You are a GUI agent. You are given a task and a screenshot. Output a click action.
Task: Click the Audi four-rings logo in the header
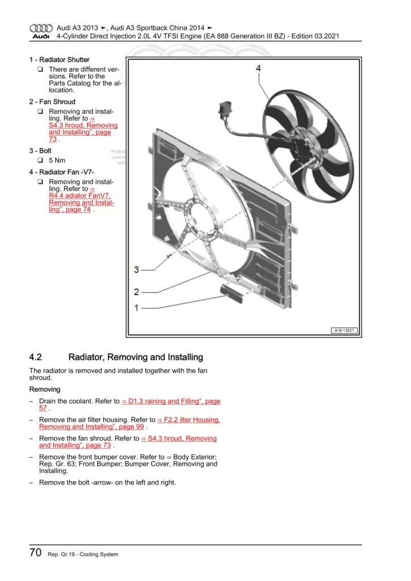(40, 28)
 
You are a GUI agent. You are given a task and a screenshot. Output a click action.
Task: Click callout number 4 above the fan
(258, 69)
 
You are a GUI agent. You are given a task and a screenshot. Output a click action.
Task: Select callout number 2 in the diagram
(136, 292)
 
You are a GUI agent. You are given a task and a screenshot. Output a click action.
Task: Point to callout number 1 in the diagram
(136, 308)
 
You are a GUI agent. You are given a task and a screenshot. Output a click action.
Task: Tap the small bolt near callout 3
(169, 257)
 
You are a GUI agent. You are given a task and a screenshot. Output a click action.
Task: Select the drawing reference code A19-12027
(344, 331)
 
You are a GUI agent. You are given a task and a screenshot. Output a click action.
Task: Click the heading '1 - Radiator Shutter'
(60, 60)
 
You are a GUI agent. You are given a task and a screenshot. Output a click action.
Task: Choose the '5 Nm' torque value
(57, 161)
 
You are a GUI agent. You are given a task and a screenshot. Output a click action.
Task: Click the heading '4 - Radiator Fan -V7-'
(62, 172)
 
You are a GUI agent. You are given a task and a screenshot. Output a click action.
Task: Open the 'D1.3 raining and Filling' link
(171, 401)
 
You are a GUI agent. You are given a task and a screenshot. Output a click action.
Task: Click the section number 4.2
(36, 357)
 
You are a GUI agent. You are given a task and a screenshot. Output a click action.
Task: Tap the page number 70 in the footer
(35, 553)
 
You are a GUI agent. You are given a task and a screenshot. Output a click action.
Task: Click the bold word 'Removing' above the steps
(45, 390)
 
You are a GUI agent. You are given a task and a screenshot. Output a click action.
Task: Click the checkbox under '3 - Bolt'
(40, 161)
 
